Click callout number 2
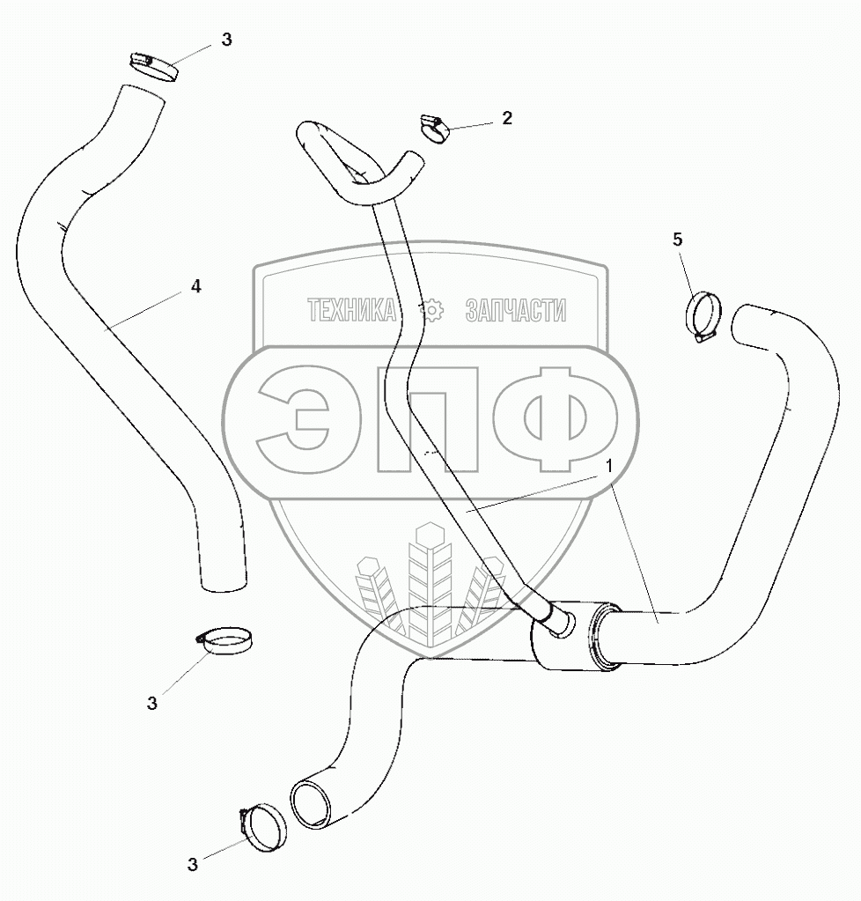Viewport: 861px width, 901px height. click(x=506, y=118)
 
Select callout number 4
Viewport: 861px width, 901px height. click(x=196, y=286)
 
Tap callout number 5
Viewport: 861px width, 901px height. click(x=677, y=240)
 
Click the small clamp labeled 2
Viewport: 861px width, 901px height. click(x=435, y=127)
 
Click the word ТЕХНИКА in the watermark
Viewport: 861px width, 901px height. click(x=351, y=310)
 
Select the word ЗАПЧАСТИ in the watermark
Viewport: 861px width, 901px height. click(x=514, y=310)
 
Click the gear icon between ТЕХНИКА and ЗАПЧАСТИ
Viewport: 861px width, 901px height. click(x=430, y=310)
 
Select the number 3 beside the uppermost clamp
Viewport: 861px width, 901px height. click(x=227, y=41)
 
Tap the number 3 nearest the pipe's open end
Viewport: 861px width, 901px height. click(x=193, y=864)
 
